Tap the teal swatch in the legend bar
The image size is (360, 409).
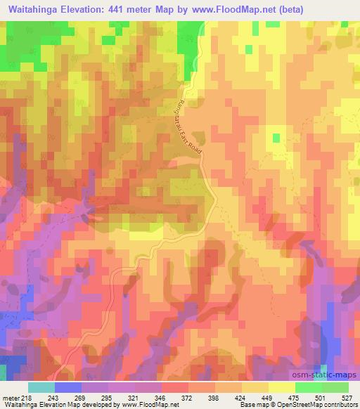click(41, 387)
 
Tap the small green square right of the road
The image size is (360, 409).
click(276, 138)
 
